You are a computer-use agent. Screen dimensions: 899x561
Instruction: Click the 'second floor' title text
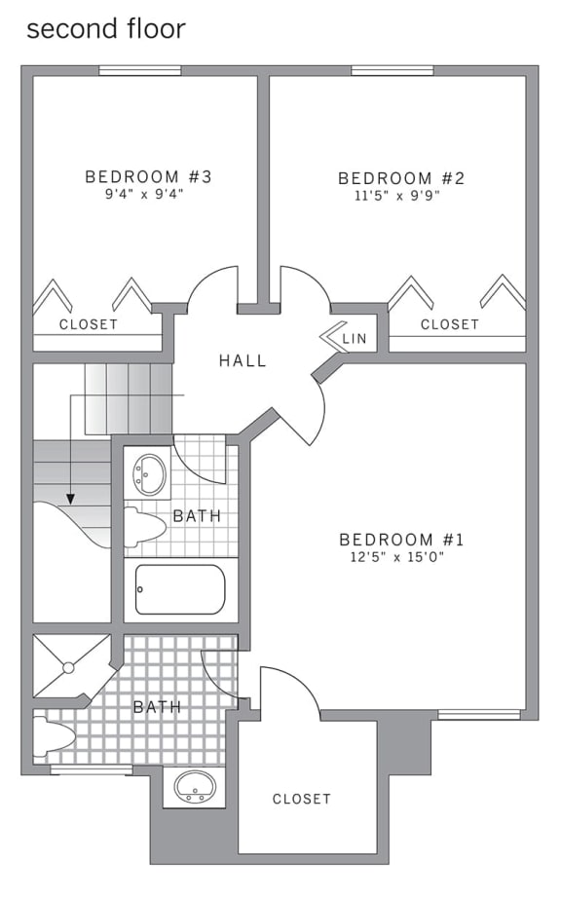click(105, 29)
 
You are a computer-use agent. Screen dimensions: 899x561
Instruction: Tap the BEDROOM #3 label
click(148, 176)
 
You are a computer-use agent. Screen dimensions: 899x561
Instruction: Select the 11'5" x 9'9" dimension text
click(400, 196)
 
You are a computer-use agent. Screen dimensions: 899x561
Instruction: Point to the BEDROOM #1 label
click(401, 540)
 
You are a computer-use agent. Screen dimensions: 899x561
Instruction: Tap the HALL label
click(243, 360)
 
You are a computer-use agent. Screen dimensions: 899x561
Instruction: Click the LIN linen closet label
click(355, 338)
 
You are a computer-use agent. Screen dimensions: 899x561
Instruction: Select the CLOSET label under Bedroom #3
click(89, 324)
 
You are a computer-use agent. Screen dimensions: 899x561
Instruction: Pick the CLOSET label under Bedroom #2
click(449, 324)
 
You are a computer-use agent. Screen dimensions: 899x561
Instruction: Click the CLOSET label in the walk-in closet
click(302, 799)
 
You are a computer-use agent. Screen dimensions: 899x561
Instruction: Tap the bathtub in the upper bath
click(180, 589)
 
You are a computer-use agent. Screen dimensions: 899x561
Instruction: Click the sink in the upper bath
click(149, 473)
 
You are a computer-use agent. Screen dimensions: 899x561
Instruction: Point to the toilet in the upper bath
click(144, 527)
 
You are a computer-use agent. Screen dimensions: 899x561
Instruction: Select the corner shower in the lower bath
click(70, 666)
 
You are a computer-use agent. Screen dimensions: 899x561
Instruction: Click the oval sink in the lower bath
click(195, 785)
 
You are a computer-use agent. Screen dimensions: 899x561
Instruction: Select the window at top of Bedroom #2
click(393, 70)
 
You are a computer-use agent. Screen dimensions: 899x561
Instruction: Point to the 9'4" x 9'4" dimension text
click(148, 194)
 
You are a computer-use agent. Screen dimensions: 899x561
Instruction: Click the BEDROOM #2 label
click(400, 178)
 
